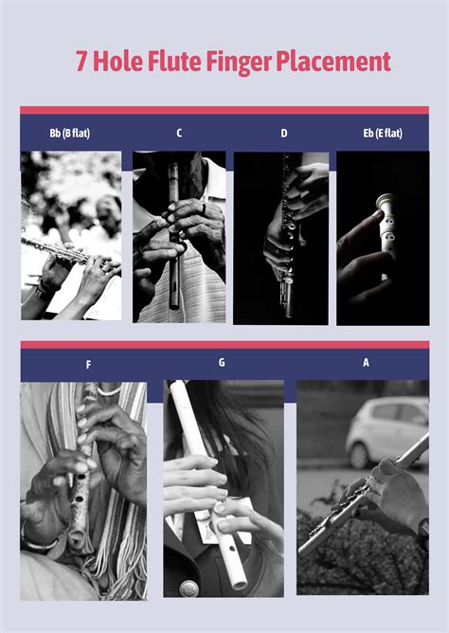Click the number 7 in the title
tap(83, 63)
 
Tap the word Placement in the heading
tap(333, 63)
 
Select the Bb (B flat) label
tap(70, 133)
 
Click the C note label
tap(179, 133)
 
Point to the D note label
tap(283, 133)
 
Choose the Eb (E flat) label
tap(383, 133)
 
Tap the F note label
tap(88, 364)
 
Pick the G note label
tap(221, 362)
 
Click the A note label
tap(366, 362)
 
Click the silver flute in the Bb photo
tap(57, 250)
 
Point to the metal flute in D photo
tap(284, 237)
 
